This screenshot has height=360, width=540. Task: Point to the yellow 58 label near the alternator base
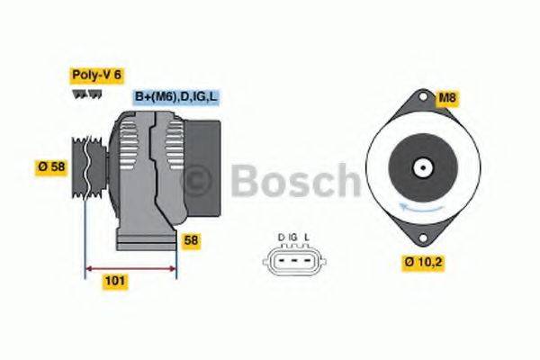190,240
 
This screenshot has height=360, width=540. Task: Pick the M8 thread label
447,97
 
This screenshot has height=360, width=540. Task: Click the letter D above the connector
281,238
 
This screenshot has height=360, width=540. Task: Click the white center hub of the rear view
420,167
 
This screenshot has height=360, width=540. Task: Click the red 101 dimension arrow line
130,267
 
